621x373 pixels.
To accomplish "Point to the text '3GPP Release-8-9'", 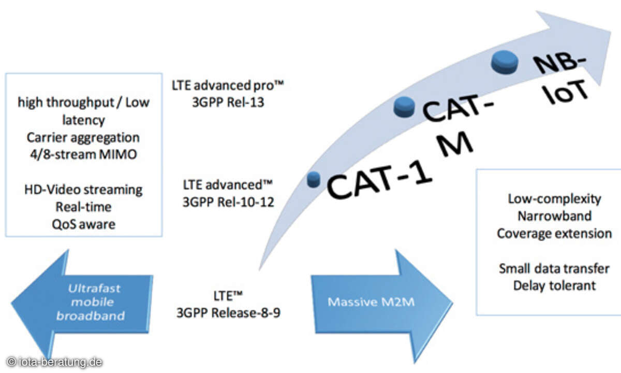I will coord(228,313).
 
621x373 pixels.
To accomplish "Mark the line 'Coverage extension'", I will coord(554,233).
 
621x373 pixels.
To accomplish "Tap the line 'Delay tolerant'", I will coord(554,285).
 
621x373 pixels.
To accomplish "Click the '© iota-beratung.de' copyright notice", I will coord(55,362).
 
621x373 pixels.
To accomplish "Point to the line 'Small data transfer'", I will coord(554,268).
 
